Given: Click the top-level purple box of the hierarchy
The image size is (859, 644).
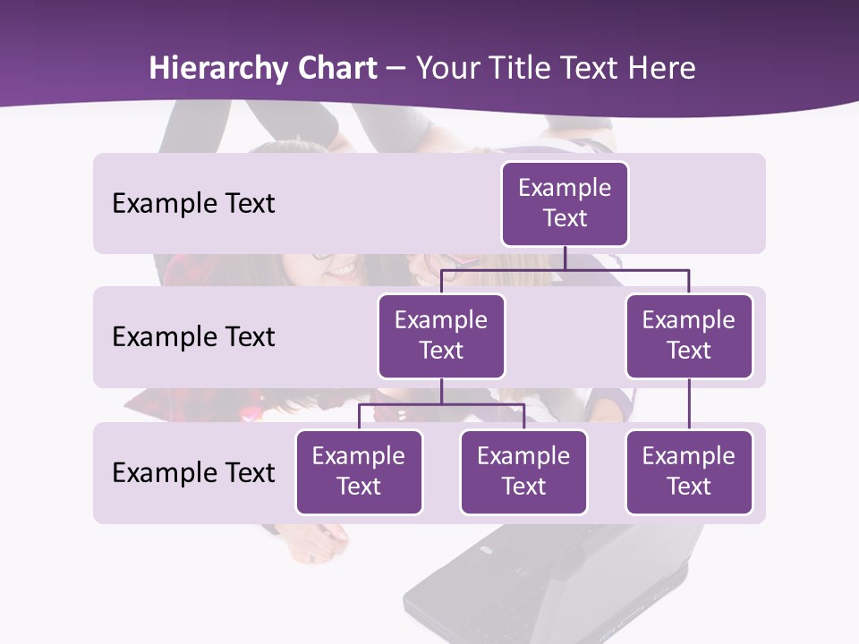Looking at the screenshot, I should tap(565, 203).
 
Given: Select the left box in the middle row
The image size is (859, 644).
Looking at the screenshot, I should tap(441, 335).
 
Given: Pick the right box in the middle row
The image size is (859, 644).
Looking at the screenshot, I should tap(689, 335).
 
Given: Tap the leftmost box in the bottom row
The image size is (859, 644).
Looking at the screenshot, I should tap(359, 471).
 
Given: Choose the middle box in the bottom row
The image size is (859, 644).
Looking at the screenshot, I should tap(523, 471).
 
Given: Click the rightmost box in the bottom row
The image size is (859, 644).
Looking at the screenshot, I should tap(689, 471).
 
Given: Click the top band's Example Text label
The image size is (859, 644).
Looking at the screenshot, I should tap(193, 203).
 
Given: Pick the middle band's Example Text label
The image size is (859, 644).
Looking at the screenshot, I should tap(193, 336).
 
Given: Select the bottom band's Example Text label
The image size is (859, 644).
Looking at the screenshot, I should tap(193, 472).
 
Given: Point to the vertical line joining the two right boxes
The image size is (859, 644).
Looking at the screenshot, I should tap(689, 403).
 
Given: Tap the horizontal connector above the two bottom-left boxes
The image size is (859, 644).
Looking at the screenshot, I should tap(441, 404).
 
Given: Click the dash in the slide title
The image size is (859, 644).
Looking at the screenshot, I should tap(395, 69).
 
